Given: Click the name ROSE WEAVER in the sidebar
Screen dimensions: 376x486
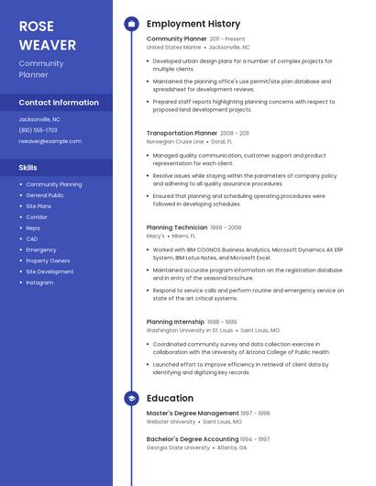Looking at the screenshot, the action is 41,33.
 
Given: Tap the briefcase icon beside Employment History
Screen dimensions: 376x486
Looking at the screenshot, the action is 132,24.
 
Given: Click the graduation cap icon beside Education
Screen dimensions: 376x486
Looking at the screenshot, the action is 132,399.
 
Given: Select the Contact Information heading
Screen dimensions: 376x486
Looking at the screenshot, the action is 59,103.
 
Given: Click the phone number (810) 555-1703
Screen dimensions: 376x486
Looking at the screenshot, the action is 38,130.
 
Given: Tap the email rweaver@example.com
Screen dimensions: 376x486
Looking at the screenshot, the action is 50,141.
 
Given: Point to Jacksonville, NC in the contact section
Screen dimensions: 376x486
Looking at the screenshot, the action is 39,119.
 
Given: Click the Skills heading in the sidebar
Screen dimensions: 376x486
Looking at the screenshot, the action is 28,168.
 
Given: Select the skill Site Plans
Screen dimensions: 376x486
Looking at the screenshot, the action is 39,206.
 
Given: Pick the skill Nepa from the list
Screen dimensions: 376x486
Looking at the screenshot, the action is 33,227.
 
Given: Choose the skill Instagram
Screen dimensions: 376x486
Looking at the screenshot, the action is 39,282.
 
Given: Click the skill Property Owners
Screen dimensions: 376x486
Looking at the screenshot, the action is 48,260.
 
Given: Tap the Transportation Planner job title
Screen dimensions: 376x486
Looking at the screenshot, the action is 182,133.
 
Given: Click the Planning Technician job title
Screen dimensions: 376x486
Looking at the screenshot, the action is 177,226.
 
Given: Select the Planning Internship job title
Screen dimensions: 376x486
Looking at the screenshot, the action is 175,322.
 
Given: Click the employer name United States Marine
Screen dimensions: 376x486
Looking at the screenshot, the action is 173,47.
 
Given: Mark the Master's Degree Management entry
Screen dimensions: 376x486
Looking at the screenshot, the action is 193,414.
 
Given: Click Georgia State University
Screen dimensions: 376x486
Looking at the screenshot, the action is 177,447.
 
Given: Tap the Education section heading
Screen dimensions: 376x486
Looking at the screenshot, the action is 170,398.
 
